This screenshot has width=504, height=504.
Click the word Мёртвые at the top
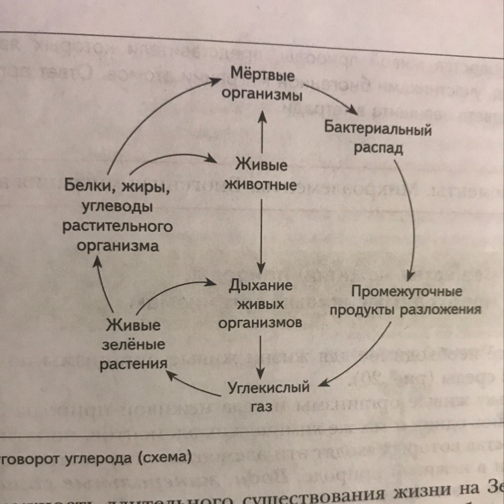(x=263, y=72)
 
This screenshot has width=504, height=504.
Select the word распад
(x=378, y=147)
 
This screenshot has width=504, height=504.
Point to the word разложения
(x=441, y=310)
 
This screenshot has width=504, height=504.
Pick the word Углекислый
(x=268, y=388)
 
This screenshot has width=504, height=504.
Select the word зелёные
(x=133, y=345)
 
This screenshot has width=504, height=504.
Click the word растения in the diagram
(x=133, y=364)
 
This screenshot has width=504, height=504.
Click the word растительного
(x=118, y=226)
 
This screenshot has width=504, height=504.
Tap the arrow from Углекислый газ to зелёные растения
(x=195, y=384)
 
